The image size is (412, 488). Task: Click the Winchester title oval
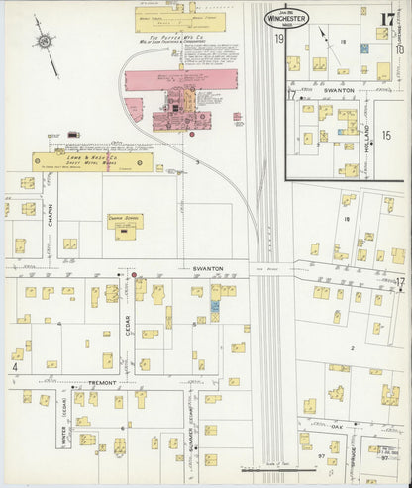(287, 18)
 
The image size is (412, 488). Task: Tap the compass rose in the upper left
(44, 41)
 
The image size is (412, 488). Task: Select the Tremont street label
(101, 382)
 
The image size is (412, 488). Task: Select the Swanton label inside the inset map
(339, 89)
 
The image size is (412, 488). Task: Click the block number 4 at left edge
(14, 366)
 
